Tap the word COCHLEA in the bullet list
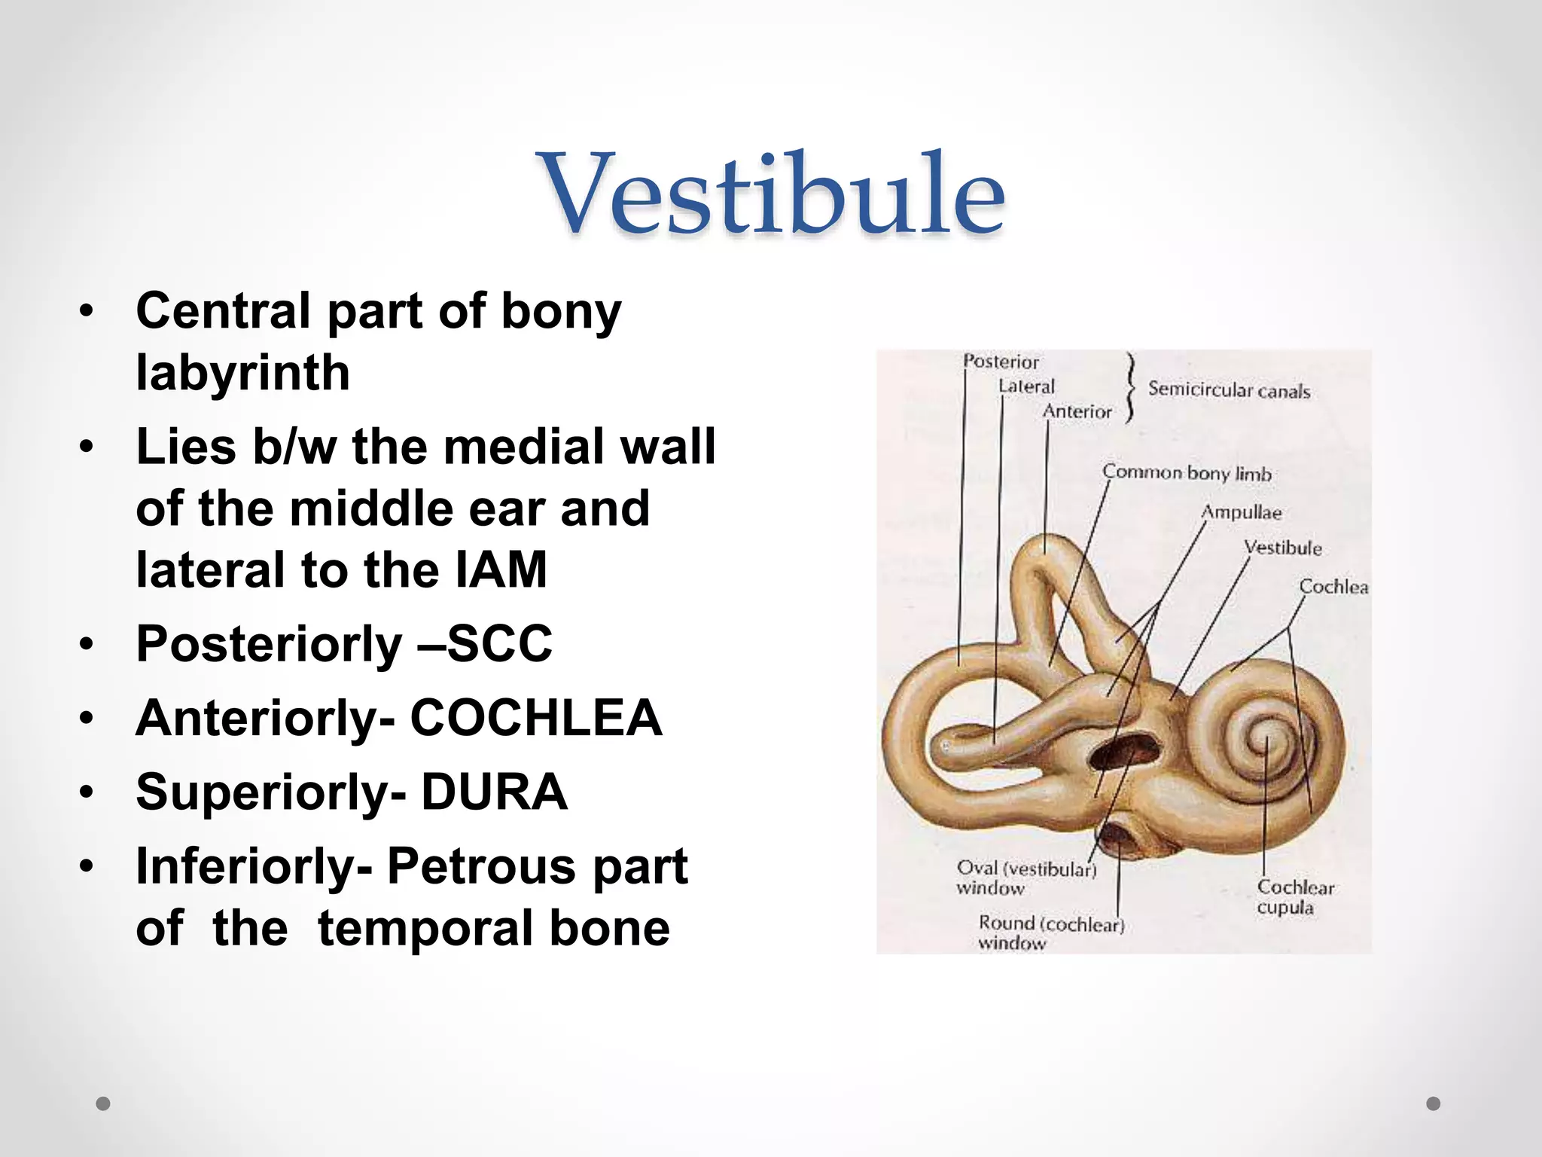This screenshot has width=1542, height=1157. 535,718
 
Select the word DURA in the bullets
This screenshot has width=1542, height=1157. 494,792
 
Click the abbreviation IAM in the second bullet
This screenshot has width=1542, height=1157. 501,570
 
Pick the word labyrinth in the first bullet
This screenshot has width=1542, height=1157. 242,373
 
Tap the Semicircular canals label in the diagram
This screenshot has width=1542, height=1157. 1229,390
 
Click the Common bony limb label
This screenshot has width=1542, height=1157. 1187,473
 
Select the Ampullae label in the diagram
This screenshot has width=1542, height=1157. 1241,512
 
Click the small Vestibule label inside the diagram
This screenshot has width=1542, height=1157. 1282,548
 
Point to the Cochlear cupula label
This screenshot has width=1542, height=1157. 1294,897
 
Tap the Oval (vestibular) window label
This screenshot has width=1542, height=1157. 1025,878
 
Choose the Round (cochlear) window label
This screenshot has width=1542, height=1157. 1050,932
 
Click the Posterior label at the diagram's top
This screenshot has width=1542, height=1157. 1001,362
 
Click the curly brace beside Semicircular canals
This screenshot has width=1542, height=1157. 1129,389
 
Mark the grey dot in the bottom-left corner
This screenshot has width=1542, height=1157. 103,1104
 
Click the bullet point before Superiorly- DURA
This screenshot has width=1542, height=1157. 87,793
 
